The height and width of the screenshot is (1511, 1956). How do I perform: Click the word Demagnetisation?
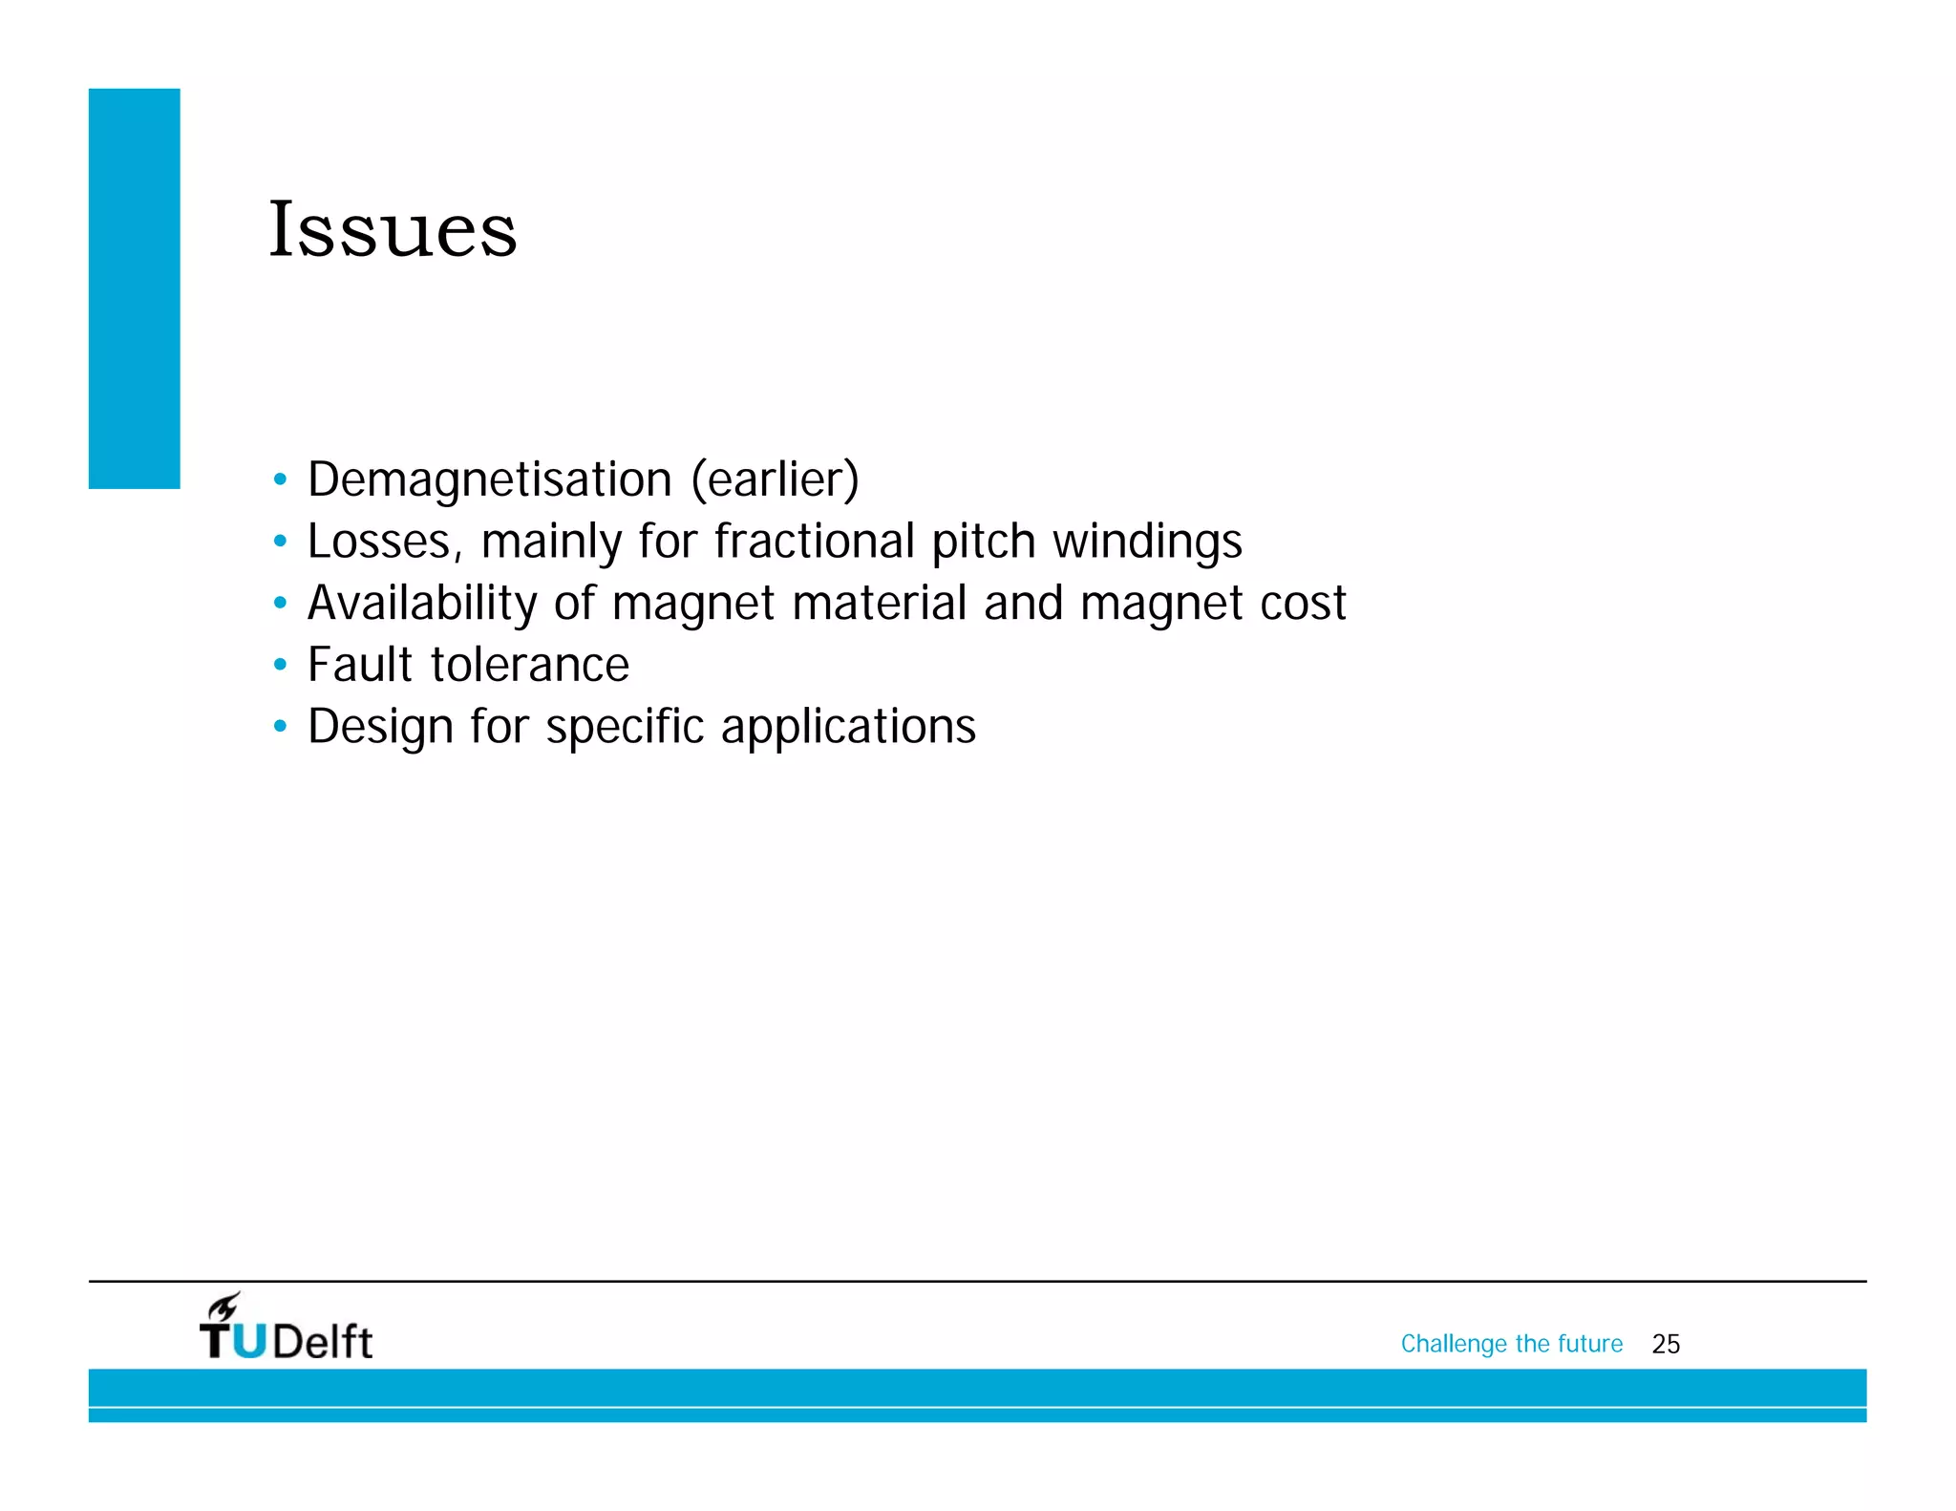pos(489,479)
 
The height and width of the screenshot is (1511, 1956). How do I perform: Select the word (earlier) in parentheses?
pos(775,479)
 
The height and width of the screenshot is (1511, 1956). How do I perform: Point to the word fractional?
pos(814,542)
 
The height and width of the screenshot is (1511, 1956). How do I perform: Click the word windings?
pos(1147,542)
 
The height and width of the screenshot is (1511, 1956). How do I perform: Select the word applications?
pos(848,727)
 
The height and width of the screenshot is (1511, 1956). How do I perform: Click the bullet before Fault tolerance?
pos(279,665)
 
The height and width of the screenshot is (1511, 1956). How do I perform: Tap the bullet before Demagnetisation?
pos(279,479)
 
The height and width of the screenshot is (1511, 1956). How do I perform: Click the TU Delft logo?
pos(287,1330)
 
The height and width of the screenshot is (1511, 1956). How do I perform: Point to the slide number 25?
pos(1666,1345)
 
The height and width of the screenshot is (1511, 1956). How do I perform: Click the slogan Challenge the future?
pos(1511,1345)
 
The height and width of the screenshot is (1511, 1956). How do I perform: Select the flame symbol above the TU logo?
pos(225,1306)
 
